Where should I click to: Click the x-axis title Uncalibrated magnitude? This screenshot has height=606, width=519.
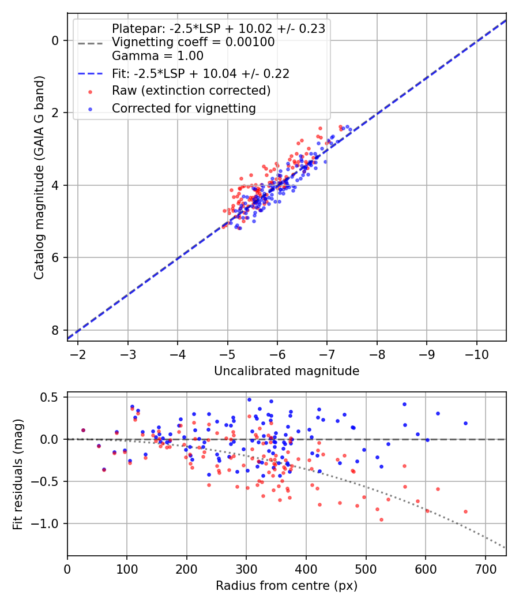287,371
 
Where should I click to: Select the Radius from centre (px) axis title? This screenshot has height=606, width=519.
287,586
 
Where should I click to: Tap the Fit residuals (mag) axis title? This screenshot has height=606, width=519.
18,474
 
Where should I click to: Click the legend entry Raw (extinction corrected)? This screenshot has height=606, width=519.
191,91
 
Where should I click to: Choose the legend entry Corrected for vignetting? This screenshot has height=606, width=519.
183,108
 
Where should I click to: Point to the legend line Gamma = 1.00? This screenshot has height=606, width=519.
157,56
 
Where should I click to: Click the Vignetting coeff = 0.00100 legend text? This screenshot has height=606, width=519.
193,42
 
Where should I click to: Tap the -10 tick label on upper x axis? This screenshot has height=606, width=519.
476,353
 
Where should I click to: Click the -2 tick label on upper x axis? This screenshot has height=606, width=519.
78,353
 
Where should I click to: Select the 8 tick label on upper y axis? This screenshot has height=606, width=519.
55,330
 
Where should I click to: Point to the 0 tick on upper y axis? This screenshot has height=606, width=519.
55,40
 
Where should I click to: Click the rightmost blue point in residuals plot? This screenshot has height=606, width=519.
465,423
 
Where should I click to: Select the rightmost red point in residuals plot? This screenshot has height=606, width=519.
465,511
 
